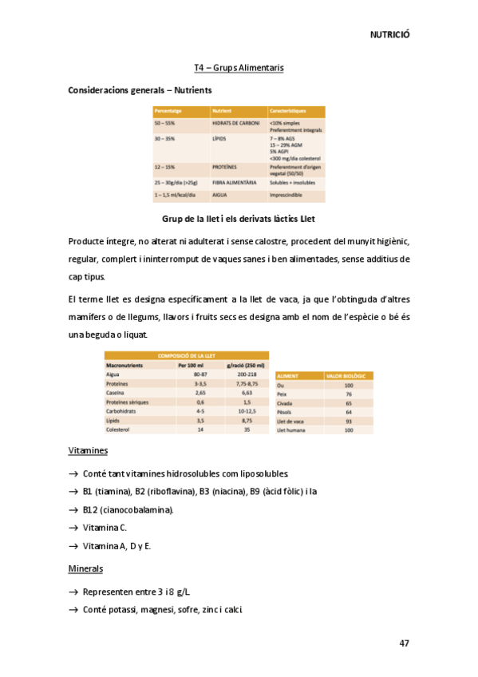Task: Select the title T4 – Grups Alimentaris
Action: [x=239, y=68]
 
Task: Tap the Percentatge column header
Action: [x=169, y=111]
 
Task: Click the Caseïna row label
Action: [x=117, y=393]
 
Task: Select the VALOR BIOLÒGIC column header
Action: [x=344, y=375]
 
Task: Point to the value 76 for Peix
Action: [x=349, y=394]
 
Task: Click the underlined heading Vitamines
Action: [x=88, y=451]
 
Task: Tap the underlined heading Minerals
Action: [x=85, y=569]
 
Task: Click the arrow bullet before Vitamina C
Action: [x=73, y=529]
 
